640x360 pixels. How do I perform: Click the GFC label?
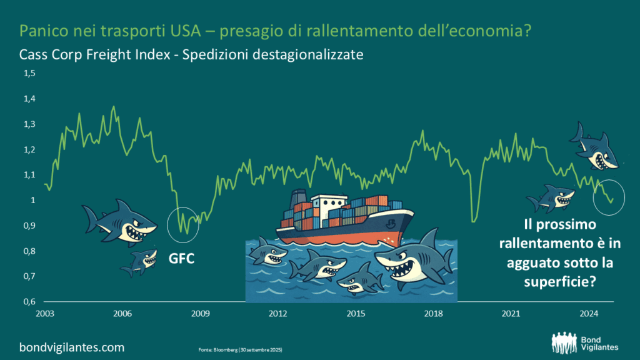(x=181, y=257)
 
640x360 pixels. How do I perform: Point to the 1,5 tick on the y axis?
(x=30, y=74)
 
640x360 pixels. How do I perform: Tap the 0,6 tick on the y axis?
(x=30, y=302)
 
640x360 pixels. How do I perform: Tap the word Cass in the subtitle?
(x=33, y=54)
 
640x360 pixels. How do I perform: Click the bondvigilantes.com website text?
(x=72, y=347)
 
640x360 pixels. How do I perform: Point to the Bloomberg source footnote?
(x=234, y=348)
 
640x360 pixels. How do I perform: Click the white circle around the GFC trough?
(x=184, y=226)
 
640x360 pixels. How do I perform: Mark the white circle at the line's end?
(x=609, y=197)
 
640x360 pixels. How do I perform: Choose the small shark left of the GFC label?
(x=141, y=262)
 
